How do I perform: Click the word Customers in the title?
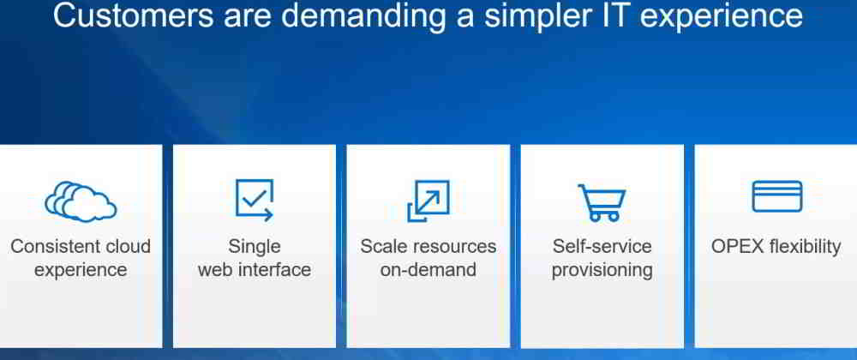tap(134, 15)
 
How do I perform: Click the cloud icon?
tap(81, 201)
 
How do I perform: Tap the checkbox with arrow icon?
tap(255, 200)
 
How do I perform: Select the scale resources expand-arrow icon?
tap(428, 201)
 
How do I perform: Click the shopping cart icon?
tap(602, 202)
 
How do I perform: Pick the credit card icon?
tap(776, 196)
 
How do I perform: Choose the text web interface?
tap(255, 269)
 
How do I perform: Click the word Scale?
tap(382, 246)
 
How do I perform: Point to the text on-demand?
tap(428, 269)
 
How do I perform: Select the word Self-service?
tap(602, 246)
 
